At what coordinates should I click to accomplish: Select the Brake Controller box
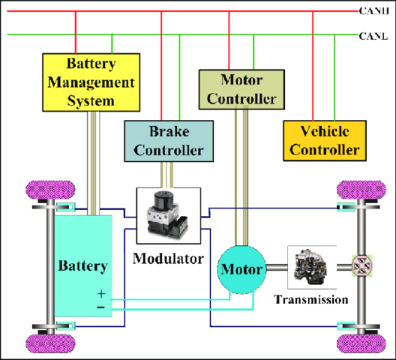[x=165, y=141]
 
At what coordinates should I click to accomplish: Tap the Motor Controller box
[x=239, y=88]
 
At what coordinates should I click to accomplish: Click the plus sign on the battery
[x=100, y=295]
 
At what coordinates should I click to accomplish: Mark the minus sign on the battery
[x=100, y=307]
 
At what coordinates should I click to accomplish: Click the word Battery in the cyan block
[x=82, y=266]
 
